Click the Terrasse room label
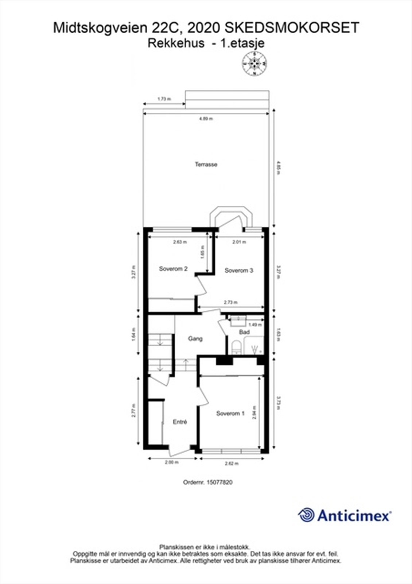pos(206,165)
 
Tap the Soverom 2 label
pos(173,269)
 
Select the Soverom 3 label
pos(239,270)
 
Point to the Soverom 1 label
pos(230,414)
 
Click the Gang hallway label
pos(195,339)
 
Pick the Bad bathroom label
pos(244,332)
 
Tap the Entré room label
pos(180,422)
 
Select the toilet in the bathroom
pos(236,347)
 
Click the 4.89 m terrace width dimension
pos(206,119)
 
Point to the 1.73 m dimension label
pos(164,99)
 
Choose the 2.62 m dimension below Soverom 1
pos(232,464)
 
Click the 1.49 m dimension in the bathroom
pos(255,324)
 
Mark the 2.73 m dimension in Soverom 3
pos(231,302)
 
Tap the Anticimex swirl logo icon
pos(306,515)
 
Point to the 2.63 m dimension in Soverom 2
pos(180,242)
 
